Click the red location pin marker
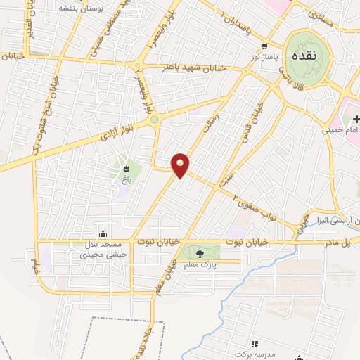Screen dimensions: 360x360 pyautogui.click(x=181, y=165)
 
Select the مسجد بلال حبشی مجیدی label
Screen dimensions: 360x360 pyautogui.click(x=104, y=250)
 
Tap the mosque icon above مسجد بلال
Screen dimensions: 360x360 pyautogui.click(x=104, y=234)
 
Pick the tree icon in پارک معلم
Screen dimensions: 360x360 pyautogui.click(x=200, y=253)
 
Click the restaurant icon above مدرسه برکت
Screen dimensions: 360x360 pyautogui.click(x=255, y=342)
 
